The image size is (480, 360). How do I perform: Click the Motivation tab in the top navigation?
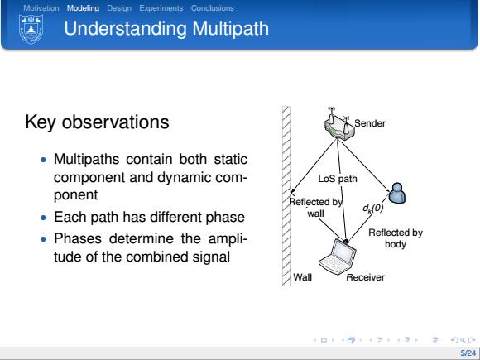click(x=41, y=8)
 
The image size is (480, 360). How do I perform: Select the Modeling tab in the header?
click(x=83, y=8)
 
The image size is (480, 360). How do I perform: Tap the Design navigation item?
click(x=119, y=8)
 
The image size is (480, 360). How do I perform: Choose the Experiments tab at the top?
click(x=161, y=8)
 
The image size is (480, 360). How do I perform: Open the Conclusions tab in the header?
click(x=213, y=8)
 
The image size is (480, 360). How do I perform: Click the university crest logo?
click(x=31, y=30)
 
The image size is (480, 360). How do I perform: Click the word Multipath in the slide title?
click(x=231, y=29)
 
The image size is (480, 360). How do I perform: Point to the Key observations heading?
click(x=97, y=122)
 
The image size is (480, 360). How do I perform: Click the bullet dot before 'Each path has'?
click(x=44, y=218)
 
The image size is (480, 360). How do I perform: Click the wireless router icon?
click(x=339, y=124)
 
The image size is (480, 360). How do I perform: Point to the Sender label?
click(x=370, y=123)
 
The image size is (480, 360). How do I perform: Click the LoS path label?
click(x=338, y=179)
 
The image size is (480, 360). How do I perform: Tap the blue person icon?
click(x=397, y=193)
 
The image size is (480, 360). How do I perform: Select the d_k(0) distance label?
click(x=373, y=209)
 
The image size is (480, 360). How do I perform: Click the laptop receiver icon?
click(x=338, y=257)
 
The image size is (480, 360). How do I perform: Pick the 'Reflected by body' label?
click(x=396, y=238)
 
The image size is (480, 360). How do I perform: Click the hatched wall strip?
click(x=286, y=196)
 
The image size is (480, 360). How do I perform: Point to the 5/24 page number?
click(x=468, y=353)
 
